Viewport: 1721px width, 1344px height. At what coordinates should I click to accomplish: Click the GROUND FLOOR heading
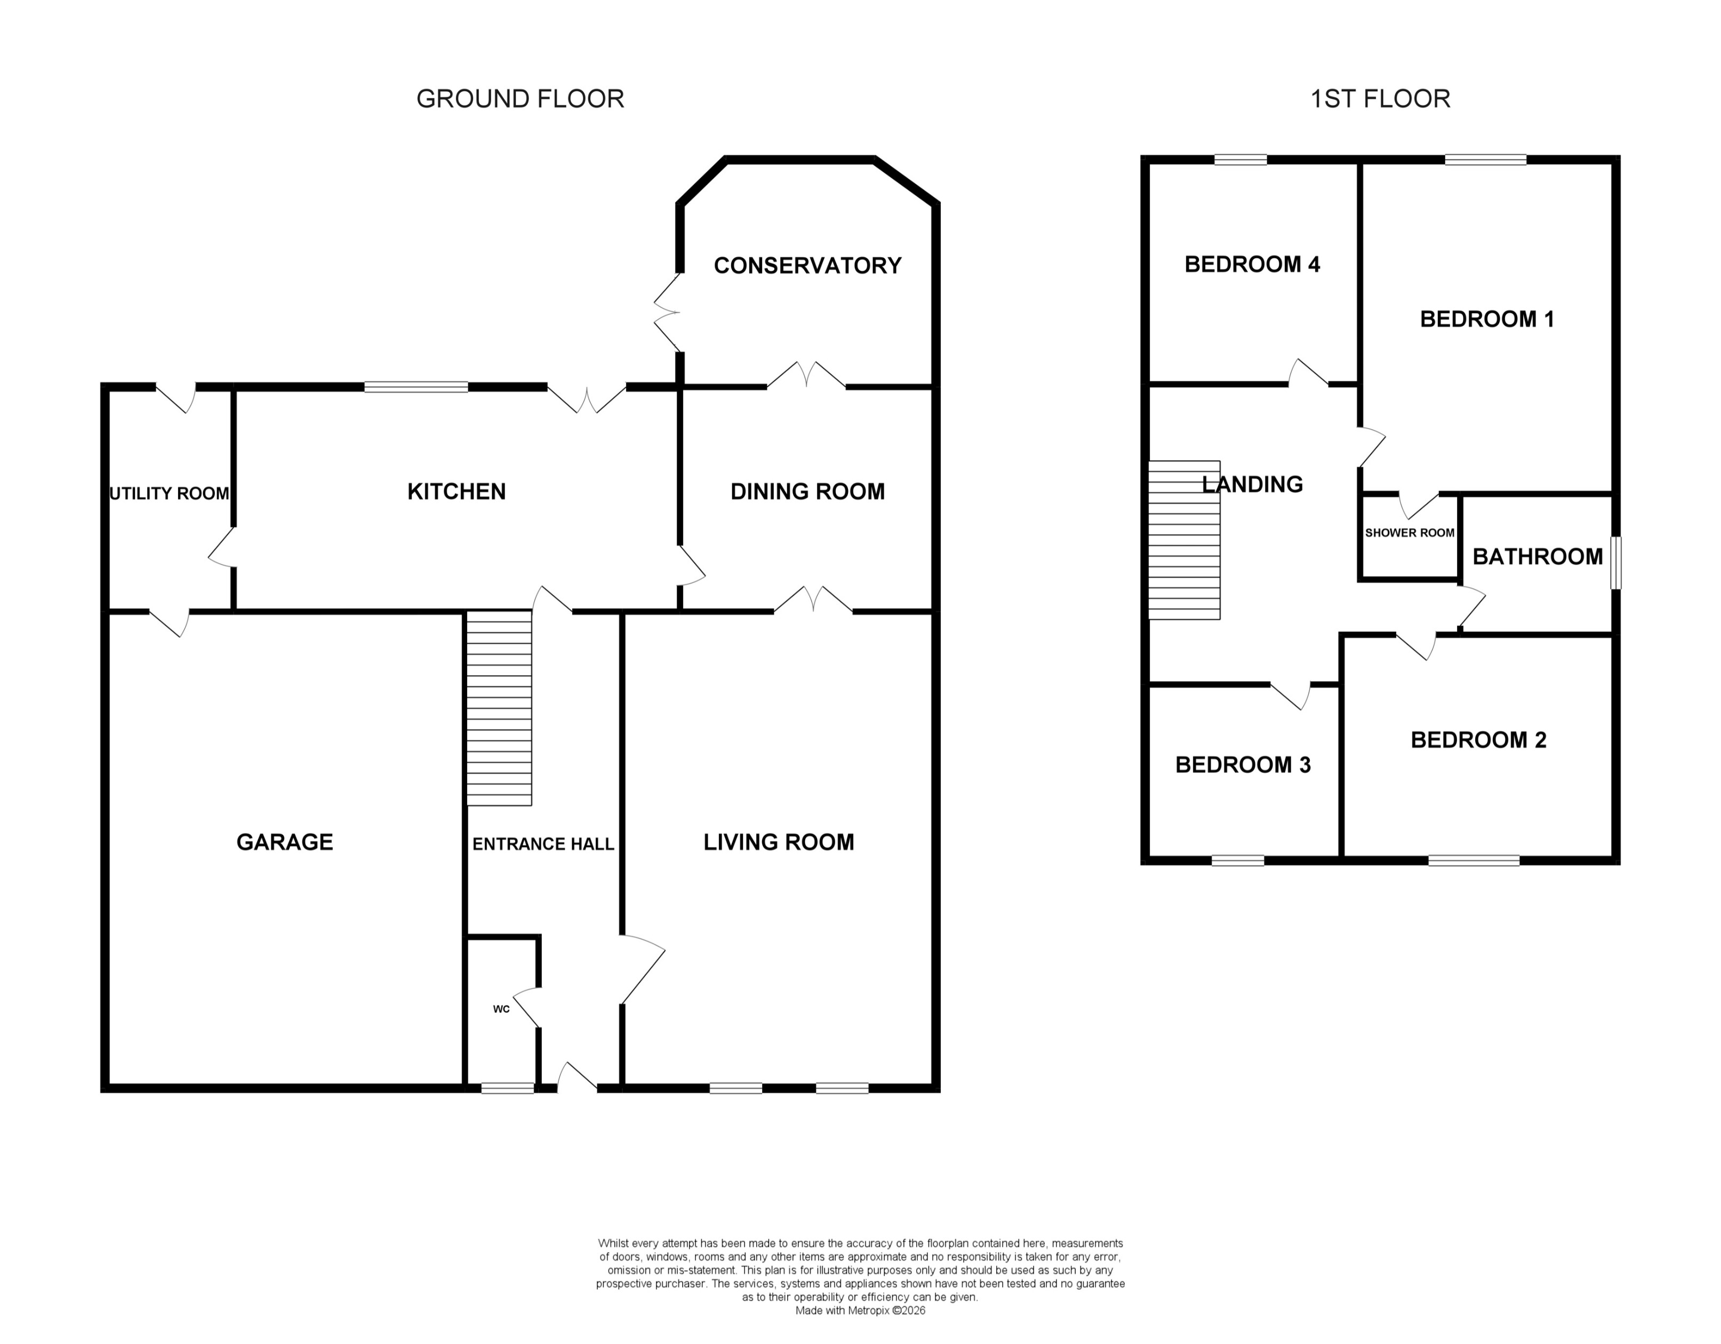click(520, 99)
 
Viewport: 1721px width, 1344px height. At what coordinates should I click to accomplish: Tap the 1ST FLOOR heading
click(1380, 99)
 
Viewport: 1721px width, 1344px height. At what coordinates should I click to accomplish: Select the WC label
click(501, 1009)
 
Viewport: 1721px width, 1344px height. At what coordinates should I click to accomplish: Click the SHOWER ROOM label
click(1410, 533)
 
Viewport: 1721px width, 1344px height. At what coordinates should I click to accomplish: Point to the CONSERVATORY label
click(807, 266)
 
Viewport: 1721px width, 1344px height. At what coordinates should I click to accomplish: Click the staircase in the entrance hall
click(499, 709)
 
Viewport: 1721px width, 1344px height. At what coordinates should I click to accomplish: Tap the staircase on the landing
click(1183, 540)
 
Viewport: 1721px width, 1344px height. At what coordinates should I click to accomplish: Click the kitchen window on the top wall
click(416, 387)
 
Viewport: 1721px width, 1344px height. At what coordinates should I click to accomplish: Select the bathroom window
click(1615, 563)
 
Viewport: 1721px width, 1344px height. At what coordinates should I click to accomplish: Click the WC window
click(508, 1088)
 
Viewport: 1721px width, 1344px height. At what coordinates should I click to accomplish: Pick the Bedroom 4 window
click(1240, 160)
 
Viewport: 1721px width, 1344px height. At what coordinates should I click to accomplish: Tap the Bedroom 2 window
click(1474, 860)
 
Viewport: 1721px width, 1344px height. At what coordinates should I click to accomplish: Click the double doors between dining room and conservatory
click(806, 377)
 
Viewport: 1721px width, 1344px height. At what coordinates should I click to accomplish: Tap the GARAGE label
click(284, 842)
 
